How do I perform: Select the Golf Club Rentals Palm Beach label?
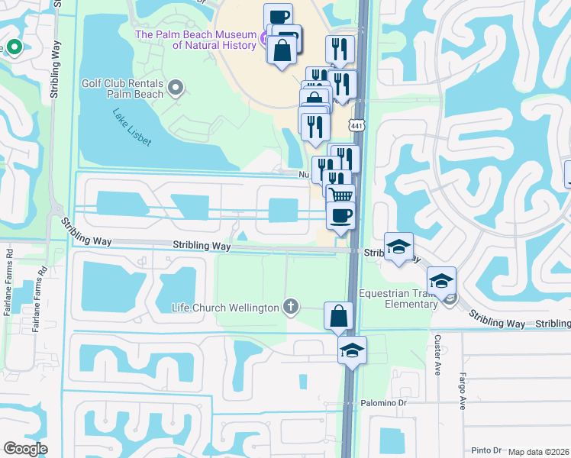pyautogui.click(x=124, y=89)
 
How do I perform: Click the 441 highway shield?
pyautogui.click(x=356, y=125)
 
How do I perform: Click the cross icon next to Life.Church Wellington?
pyautogui.click(x=290, y=308)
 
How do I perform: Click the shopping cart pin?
pyautogui.click(x=341, y=196)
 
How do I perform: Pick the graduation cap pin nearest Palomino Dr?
pyautogui.click(x=352, y=351)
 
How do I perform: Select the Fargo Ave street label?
pyautogui.click(x=463, y=391)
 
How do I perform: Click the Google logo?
pyautogui.click(x=25, y=449)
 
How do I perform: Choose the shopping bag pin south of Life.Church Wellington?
pyautogui.click(x=337, y=316)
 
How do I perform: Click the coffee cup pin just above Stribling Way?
pyautogui.click(x=340, y=215)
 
